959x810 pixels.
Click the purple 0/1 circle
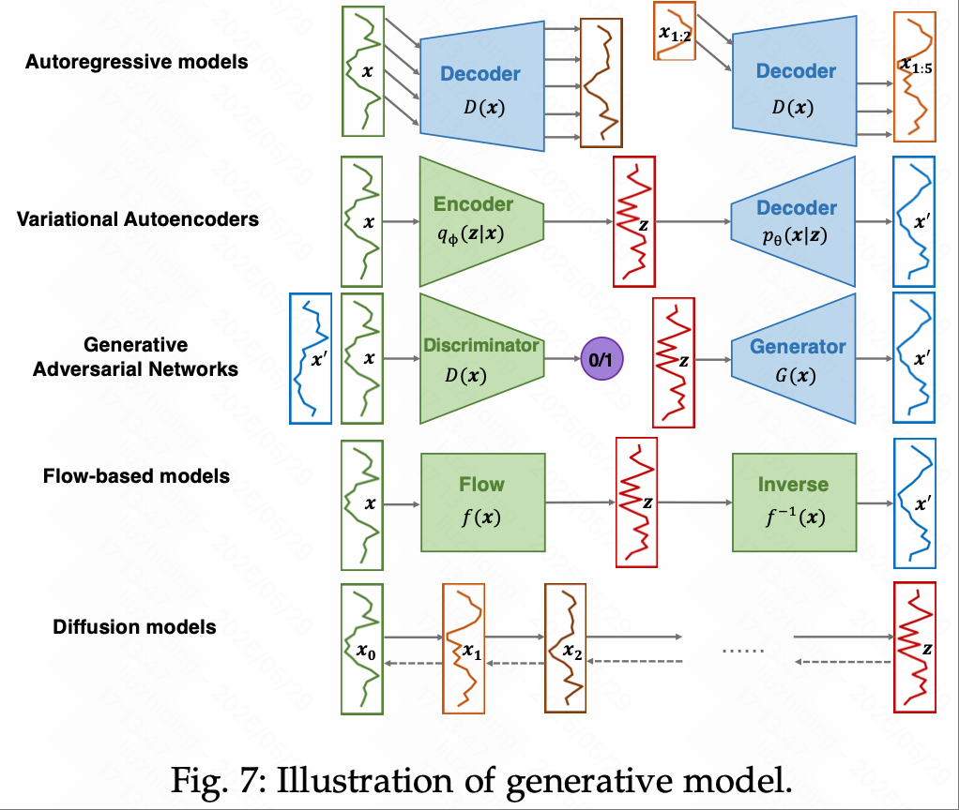click(601, 359)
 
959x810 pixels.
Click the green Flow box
click(481, 502)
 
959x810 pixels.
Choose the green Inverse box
click(794, 502)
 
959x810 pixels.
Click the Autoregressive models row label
click(137, 63)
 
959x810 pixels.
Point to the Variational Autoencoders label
click(138, 219)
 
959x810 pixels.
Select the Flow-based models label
click(137, 476)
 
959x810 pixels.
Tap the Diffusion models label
click(135, 626)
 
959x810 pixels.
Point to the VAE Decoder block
click(794, 221)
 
